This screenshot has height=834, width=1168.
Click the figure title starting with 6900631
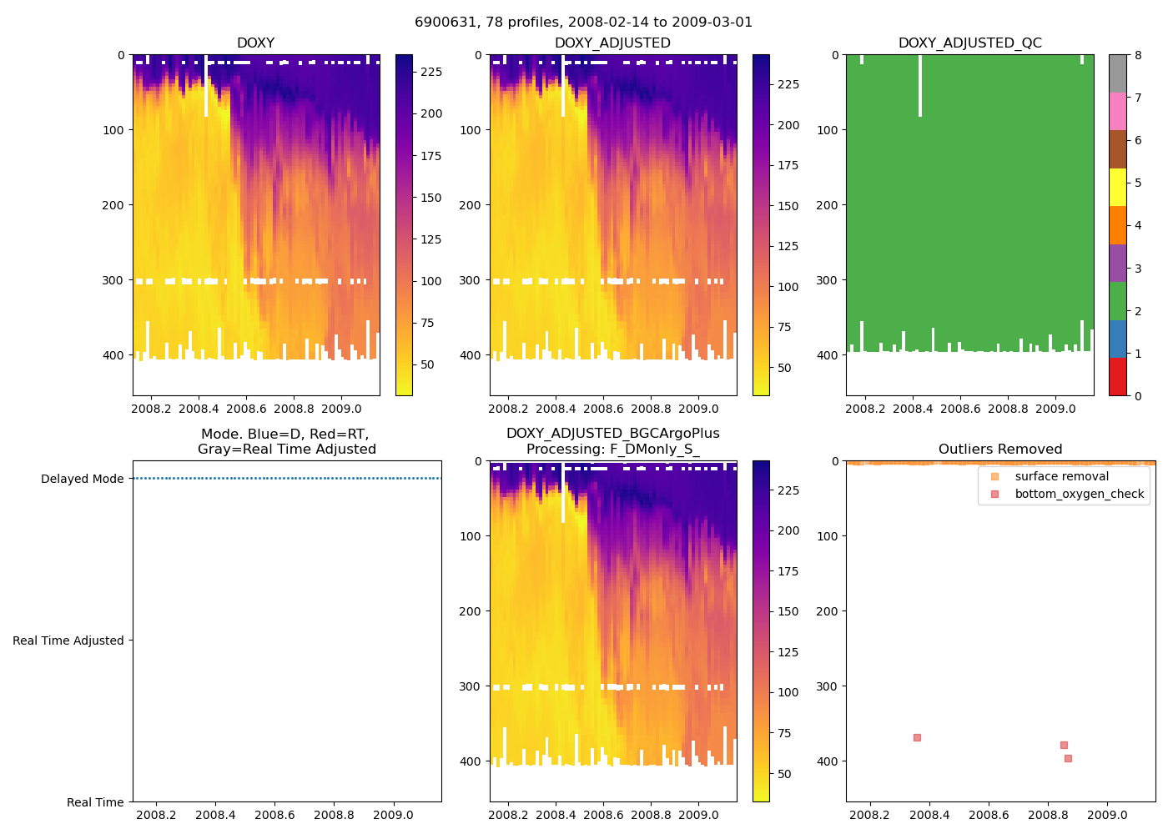[x=583, y=23]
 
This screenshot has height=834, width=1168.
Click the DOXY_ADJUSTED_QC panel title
[x=969, y=43]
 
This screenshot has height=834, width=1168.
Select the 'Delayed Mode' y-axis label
[x=82, y=479]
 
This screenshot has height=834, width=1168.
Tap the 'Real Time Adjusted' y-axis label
[x=68, y=641]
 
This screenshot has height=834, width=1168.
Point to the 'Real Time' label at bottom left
[x=95, y=802]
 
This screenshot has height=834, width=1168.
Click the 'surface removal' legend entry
[x=1061, y=476]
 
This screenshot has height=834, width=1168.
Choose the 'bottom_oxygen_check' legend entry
[x=1079, y=494]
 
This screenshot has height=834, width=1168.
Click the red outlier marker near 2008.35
[x=917, y=737]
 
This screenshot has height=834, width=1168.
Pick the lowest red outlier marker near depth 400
[x=1068, y=758]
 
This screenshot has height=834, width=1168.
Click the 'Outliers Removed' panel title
[x=1000, y=450]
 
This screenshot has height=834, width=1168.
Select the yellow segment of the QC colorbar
[x=1117, y=187]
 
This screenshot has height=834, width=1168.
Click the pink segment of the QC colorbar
[x=1117, y=111]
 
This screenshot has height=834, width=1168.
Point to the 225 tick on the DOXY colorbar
[x=431, y=72]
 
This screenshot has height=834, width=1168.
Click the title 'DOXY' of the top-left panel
[x=255, y=43]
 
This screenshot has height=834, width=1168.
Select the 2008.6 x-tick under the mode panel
[x=274, y=815]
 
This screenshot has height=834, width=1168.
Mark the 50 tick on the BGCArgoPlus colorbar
[x=784, y=774]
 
